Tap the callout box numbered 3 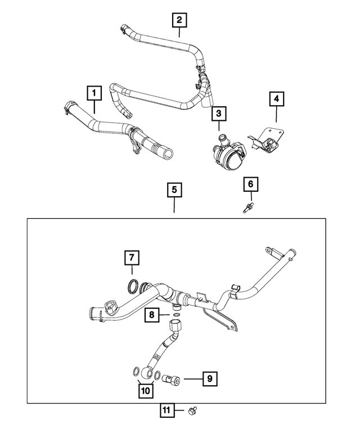point(219,114)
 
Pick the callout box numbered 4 point(276,100)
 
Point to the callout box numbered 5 point(174,191)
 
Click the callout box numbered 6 point(251,183)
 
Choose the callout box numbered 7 point(130,258)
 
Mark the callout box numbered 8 point(151,316)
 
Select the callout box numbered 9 point(209,380)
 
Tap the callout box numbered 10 point(146,390)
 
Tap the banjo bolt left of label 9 point(170,380)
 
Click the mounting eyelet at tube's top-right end point(271,249)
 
